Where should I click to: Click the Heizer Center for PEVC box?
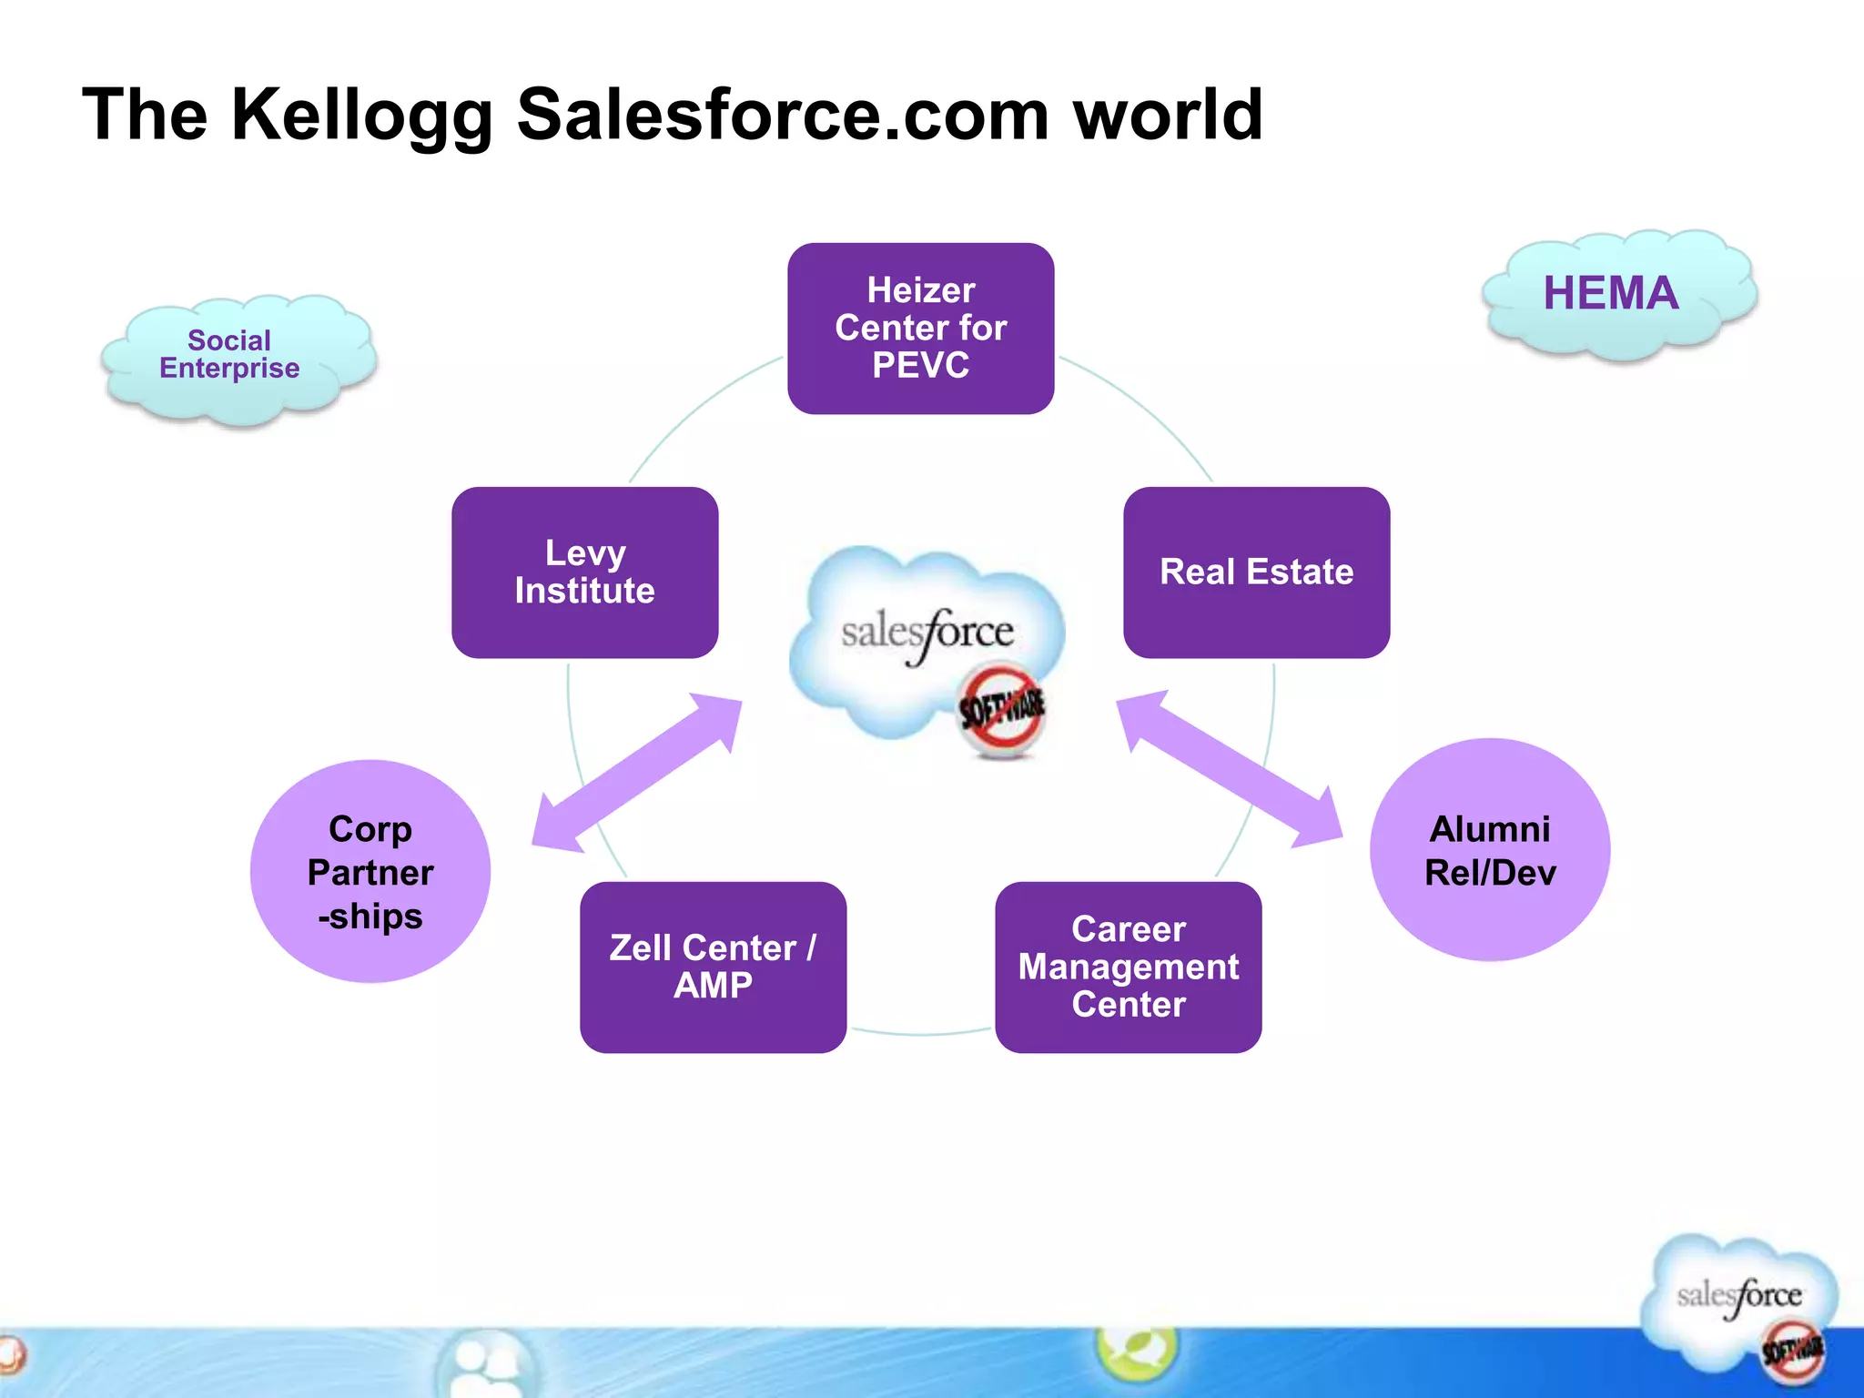click(x=920, y=328)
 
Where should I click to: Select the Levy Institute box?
click(x=584, y=572)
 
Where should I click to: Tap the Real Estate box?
click(x=1256, y=572)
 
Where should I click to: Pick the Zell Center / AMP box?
click(x=713, y=967)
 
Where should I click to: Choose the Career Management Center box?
click(x=1128, y=967)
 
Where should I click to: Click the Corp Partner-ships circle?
click(x=370, y=871)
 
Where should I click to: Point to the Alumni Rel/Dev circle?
click(x=1489, y=849)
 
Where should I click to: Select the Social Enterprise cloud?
click(x=234, y=358)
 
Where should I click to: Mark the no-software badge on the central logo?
click(x=1002, y=709)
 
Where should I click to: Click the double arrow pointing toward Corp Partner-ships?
click(x=637, y=773)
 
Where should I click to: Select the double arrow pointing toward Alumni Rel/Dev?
click(x=1229, y=769)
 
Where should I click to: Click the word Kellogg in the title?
click(x=361, y=116)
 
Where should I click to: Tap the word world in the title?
click(x=1168, y=116)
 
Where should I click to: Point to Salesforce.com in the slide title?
click(x=783, y=116)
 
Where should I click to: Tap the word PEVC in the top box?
click(x=920, y=366)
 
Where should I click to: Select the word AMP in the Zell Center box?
click(x=713, y=986)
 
